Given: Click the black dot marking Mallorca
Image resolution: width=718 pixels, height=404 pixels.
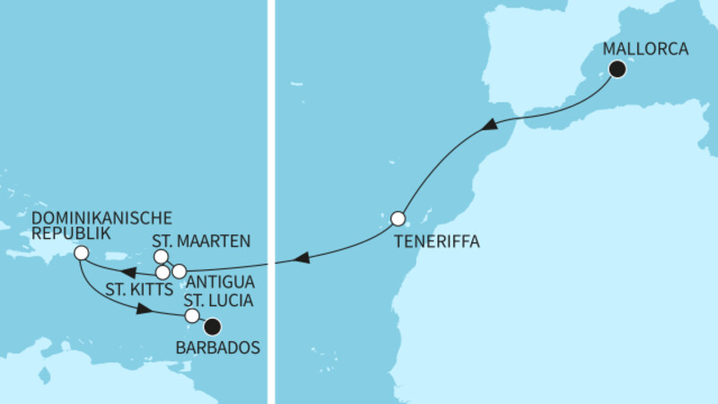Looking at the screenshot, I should pos(617,70).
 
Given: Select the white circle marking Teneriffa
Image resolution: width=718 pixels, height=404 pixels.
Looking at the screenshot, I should pos(398,217).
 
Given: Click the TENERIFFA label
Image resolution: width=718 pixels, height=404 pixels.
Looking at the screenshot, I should pos(435,242).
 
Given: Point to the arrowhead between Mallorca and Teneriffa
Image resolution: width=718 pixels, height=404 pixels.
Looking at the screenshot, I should pos(492,127).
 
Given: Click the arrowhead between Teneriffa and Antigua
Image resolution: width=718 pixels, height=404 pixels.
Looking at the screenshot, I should pos(302,259).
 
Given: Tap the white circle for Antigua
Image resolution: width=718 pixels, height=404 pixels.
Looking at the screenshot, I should pos(179,270).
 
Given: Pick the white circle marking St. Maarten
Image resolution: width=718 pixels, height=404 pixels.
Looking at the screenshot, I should pos(162,257).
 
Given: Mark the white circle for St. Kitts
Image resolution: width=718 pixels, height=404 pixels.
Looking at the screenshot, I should pos(162,271).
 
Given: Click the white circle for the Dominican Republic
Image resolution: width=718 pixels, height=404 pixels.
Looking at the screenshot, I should pos(81,253).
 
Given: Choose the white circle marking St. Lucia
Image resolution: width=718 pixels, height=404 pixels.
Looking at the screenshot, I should pos(191,316).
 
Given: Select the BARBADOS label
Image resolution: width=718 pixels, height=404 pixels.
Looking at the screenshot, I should pos(224,347).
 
